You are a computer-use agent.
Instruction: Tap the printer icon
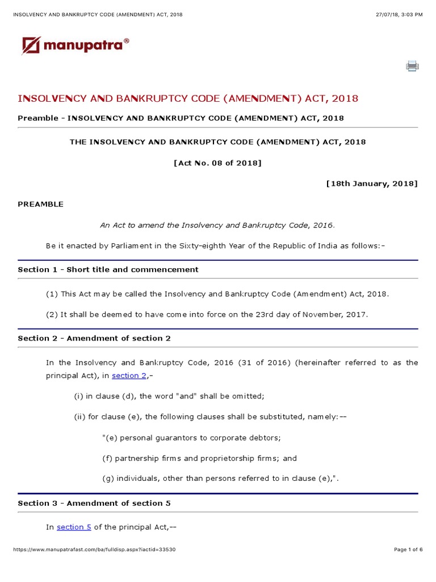coord(412,66)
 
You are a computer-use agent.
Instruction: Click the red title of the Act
coord(188,98)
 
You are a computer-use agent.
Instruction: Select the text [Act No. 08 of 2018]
coord(217,163)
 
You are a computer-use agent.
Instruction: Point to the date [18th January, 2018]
coord(372,183)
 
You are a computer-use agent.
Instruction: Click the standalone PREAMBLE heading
coord(41,204)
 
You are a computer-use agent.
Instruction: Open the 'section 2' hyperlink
coord(129,376)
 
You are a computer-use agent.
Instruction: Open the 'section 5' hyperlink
coord(74,527)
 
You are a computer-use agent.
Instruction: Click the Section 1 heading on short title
coord(108,269)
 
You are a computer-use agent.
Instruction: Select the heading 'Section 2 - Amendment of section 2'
coord(94,338)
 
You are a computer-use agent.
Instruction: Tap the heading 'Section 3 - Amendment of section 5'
coord(94,503)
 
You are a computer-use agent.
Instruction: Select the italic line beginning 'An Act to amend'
coord(217,225)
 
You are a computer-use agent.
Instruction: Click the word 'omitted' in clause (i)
coord(249,396)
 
